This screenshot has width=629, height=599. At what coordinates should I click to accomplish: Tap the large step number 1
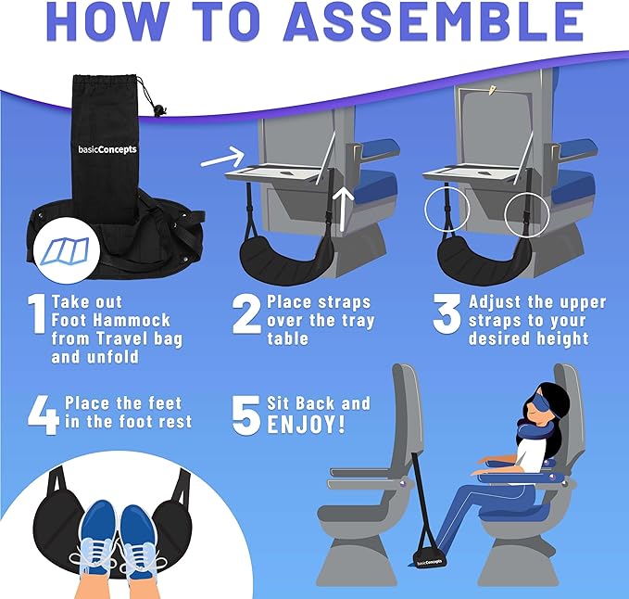click(x=36, y=315)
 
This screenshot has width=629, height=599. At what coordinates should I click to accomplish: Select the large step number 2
click(x=245, y=314)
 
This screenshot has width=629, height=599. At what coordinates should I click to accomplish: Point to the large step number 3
click(x=447, y=314)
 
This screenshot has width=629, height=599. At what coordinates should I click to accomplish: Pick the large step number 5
click(x=245, y=415)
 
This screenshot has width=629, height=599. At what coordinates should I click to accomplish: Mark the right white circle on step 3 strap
click(x=526, y=215)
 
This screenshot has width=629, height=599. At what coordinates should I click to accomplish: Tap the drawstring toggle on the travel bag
click(x=164, y=110)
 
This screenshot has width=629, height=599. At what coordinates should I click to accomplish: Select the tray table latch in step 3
click(x=489, y=93)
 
